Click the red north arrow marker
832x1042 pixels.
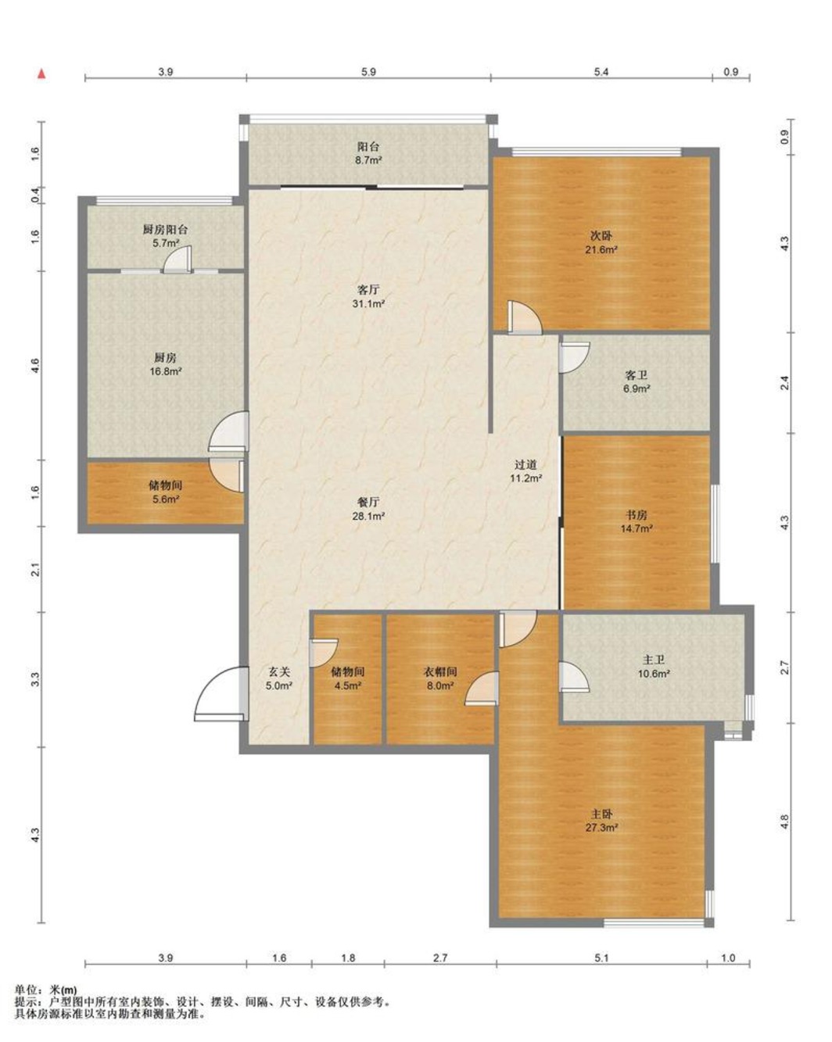click(x=42, y=73)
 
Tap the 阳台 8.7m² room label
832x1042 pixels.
click(x=368, y=153)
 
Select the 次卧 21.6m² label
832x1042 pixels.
click(x=601, y=242)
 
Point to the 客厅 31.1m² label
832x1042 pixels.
click(x=368, y=297)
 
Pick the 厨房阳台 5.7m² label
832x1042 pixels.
click(x=165, y=236)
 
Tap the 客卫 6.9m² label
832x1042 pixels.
click(x=637, y=381)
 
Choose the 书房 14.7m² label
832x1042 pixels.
click(x=637, y=521)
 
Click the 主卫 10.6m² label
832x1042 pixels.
click(x=653, y=666)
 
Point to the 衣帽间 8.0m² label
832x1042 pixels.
click(x=440, y=679)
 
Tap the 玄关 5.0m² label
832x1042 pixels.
click(x=279, y=679)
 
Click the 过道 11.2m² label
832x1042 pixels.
click(x=525, y=471)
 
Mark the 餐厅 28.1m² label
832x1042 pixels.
click(x=368, y=509)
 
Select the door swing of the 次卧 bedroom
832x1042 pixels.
click(x=525, y=317)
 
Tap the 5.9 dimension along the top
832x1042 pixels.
click(x=368, y=72)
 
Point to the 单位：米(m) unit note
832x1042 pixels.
click(x=45, y=990)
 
